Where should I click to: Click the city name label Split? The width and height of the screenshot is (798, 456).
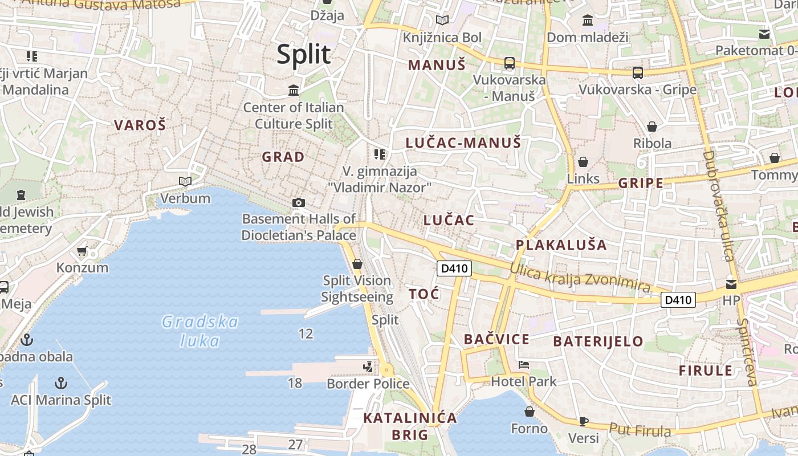pyautogui.click(x=303, y=55)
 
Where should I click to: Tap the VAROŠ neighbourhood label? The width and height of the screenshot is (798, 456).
pyautogui.click(x=140, y=125)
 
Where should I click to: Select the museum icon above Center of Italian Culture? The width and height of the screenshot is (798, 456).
pyautogui.click(x=294, y=90)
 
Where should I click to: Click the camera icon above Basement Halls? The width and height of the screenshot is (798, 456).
pyautogui.click(x=298, y=202)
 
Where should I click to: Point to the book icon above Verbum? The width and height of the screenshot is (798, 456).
pyautogui.click(x=185, y=181)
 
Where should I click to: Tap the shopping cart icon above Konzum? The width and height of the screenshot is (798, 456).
pyautogui.click(x=82, y=251)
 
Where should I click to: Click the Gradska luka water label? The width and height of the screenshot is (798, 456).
pyautogui.click(x=199, y=331)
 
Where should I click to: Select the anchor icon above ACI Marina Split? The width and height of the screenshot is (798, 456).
pyautogui.click(x=61, y=382)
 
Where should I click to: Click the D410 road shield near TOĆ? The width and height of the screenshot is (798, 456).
pyautogui.click(x=454, y=268)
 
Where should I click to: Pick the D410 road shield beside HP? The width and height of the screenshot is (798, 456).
pyautogui.click(x=678, y=299)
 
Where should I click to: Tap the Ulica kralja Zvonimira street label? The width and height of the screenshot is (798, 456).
pyautogui.click(x=580, y=278)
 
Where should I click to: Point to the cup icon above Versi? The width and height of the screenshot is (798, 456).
pyautogui.click(x=583, y=421)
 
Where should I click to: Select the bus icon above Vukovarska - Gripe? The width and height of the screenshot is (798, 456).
pyautogui.click(x=637, y=73)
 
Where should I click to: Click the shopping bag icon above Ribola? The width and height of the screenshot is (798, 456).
pyautogui.click(x=652, y=126)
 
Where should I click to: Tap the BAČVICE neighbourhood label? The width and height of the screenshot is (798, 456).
pyautogui.click(x=496, y=339)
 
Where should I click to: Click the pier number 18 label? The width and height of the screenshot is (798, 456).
pyautogui.click(x=295, y=382)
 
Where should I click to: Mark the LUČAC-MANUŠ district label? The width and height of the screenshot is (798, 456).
pyautogui.click(x=463, y=142)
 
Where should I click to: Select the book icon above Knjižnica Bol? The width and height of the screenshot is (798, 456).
pyautogui.click(x=442, y=21)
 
